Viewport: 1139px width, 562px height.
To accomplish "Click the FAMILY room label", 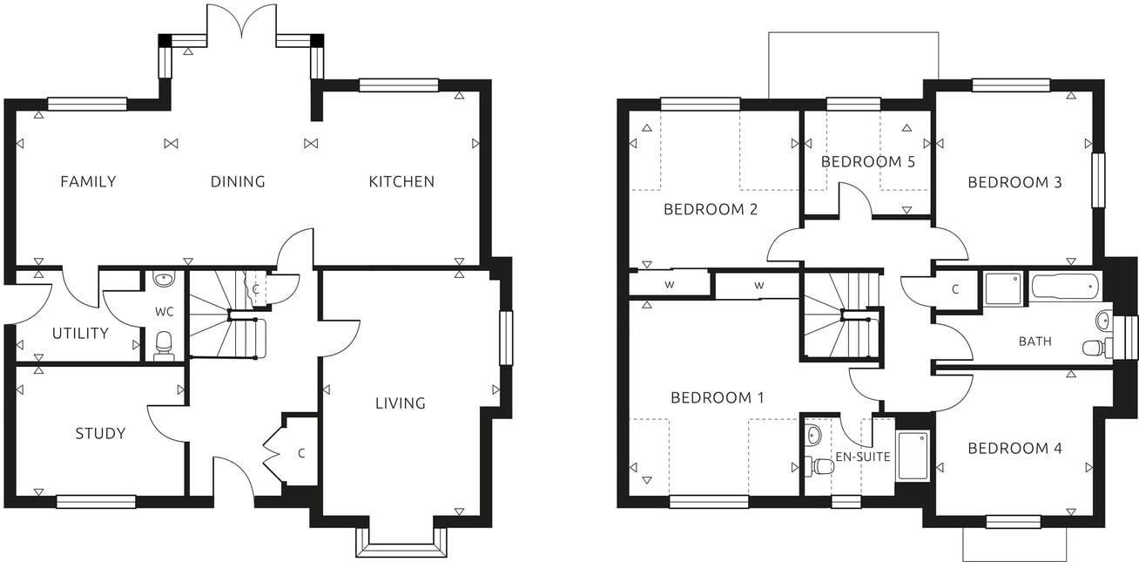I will tap(88, 182).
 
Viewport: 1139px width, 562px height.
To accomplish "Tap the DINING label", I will tap(238, 182).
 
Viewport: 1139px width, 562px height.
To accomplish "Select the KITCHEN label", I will tap(401, 182).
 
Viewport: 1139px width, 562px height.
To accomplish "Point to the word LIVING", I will tap(401, 403).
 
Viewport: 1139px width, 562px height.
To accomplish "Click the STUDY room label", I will tap(100, 434).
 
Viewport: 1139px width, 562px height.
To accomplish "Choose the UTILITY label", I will tap(80, 334).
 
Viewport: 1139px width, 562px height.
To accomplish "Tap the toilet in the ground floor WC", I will tap(164, 346).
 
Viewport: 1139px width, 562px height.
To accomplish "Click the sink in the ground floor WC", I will tap(163, 279).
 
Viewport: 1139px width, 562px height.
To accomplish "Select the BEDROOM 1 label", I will tap(717, 398).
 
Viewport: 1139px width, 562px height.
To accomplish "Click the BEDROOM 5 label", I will tap(861, 162).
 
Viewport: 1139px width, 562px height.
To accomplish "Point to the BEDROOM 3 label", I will tap(1014, 183).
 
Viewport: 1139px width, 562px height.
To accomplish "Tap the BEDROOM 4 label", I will tap(1014, 449).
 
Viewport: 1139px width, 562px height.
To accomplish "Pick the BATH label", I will tap(1035, 342).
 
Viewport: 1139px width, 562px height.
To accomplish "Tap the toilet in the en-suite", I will tap(820, 466).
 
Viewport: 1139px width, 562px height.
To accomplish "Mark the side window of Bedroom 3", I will tap(1098, 180).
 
